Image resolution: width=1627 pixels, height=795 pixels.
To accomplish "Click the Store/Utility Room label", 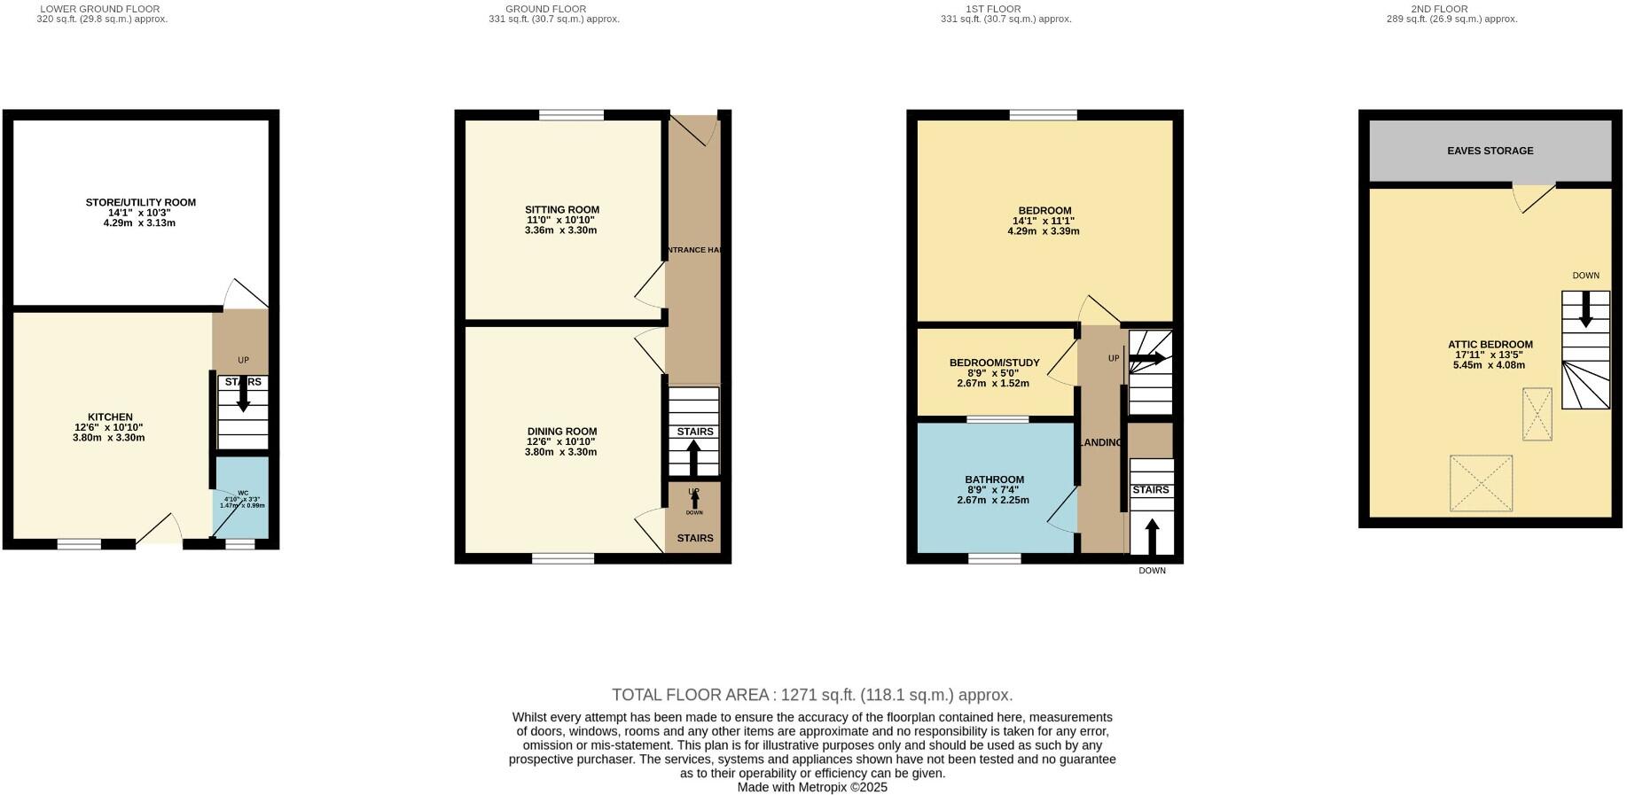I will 140,203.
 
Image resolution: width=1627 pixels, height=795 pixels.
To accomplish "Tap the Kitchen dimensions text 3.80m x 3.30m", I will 108,438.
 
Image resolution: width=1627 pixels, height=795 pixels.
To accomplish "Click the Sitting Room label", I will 561,210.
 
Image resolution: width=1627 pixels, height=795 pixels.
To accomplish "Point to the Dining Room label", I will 561,432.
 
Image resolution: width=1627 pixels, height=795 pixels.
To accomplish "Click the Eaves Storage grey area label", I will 1490,152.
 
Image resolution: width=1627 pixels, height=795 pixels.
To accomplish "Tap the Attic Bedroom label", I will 1490,345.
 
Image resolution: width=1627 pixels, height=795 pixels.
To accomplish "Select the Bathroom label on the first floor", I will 994,480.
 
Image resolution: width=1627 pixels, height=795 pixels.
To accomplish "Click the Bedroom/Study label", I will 994,363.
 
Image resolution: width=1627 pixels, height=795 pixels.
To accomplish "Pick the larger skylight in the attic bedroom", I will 1480,483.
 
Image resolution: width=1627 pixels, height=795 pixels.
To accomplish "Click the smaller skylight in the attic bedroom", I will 1537,414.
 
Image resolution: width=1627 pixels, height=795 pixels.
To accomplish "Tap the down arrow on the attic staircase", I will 1585,311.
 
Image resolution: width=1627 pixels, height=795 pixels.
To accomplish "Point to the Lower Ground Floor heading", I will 100,9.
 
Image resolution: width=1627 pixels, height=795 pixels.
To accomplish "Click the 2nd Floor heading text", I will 1451,9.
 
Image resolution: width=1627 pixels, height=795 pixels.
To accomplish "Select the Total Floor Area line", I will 811,696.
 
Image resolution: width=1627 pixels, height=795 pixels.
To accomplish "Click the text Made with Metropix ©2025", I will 811,787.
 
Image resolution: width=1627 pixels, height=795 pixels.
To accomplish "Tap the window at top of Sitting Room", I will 571,114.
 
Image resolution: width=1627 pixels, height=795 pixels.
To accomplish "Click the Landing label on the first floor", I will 1100,442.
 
